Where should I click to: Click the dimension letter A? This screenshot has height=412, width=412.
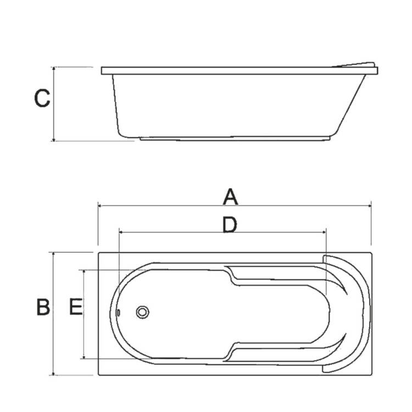(x=230, y=197)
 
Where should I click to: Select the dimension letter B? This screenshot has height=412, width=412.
(x=43, y=307)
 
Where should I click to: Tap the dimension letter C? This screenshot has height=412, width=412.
(x=42, y=98)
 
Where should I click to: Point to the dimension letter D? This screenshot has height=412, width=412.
(x=230, y=225)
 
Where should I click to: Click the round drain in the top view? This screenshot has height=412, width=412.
(x=143, y=312)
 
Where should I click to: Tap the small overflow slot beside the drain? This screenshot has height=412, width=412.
(x=119, y=313)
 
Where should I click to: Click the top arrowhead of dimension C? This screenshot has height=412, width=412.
(x=54, y=68)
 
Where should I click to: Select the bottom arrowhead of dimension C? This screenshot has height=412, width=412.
(x=54, y=140)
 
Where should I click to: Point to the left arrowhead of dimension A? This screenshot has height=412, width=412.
(x=99, y=206)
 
